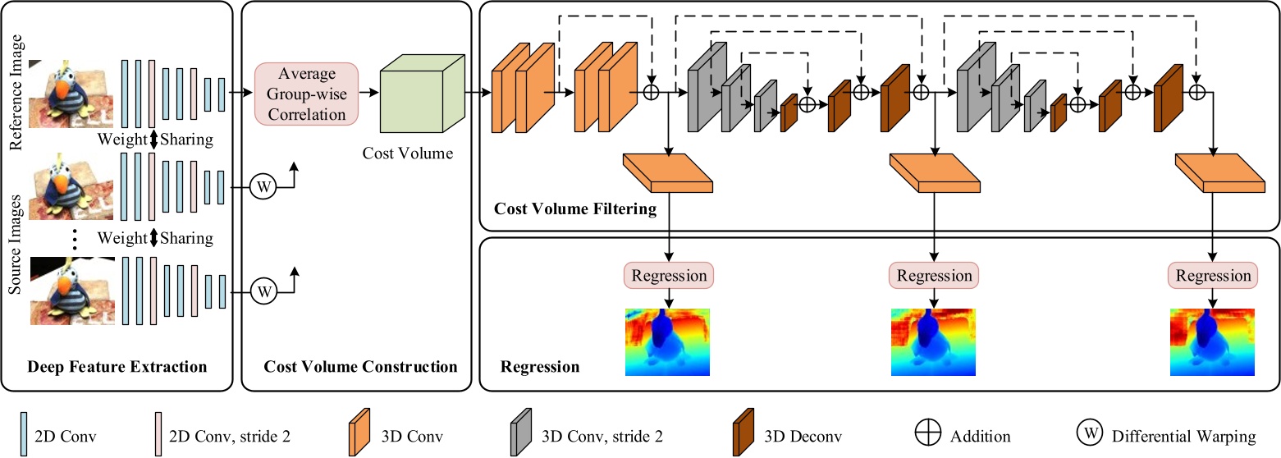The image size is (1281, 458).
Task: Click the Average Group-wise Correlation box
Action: click(307, 94)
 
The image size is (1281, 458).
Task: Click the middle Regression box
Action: click(934, 275)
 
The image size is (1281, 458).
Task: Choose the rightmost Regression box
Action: click(1213, 275)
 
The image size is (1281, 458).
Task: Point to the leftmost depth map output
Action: click(667, 341)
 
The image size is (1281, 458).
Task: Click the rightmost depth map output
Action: click(1212, 341)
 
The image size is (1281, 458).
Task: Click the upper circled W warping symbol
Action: click(263, 187)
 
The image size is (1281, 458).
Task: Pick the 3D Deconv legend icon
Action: click(743, 436)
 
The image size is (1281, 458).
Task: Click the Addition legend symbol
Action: click(928, 436)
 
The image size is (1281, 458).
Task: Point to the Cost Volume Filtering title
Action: click(574, 208)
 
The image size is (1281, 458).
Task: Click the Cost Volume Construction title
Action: click(360, 366)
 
